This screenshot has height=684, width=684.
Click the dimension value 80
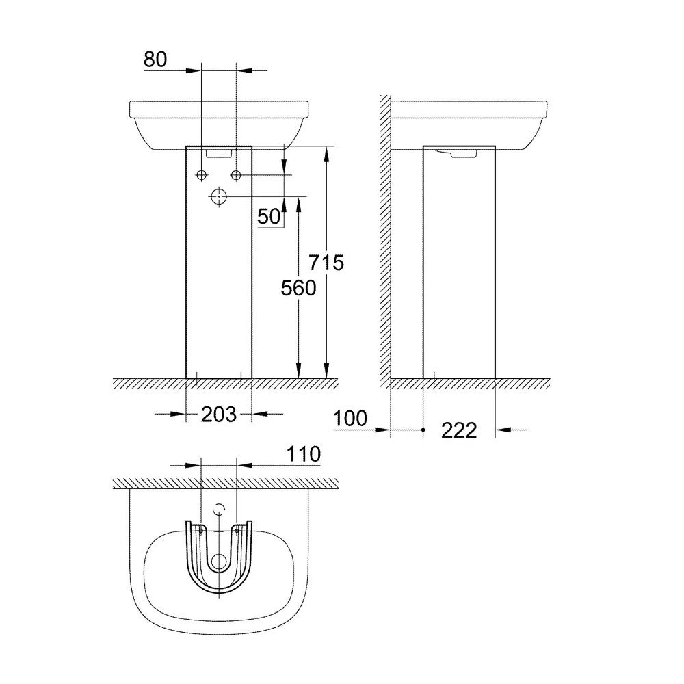155,60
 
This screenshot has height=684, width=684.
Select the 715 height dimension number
326,262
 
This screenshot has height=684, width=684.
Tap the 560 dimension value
299,288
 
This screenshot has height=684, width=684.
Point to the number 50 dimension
269,217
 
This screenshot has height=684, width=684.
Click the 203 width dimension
219,414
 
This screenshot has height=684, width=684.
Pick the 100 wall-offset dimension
351,418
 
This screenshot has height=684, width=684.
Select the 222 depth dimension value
458,430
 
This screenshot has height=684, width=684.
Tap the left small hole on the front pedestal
202,176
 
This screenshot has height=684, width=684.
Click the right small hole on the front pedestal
236,176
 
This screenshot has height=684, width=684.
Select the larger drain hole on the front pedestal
219,197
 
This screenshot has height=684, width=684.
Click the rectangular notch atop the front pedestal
219,153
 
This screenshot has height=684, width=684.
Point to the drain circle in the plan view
219,562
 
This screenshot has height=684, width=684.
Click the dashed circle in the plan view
219,509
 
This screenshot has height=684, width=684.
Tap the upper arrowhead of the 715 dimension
327,152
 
